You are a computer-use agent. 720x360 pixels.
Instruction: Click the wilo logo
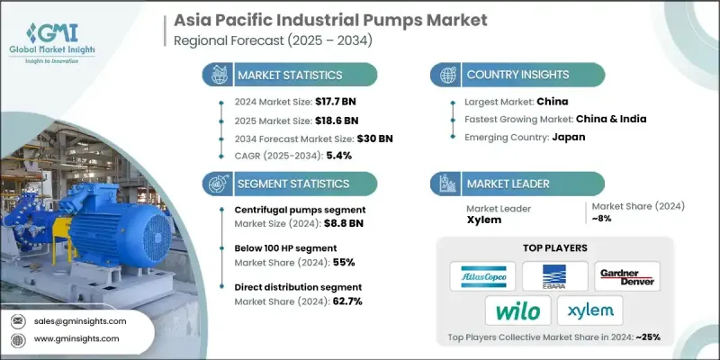(x=517, y=311)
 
